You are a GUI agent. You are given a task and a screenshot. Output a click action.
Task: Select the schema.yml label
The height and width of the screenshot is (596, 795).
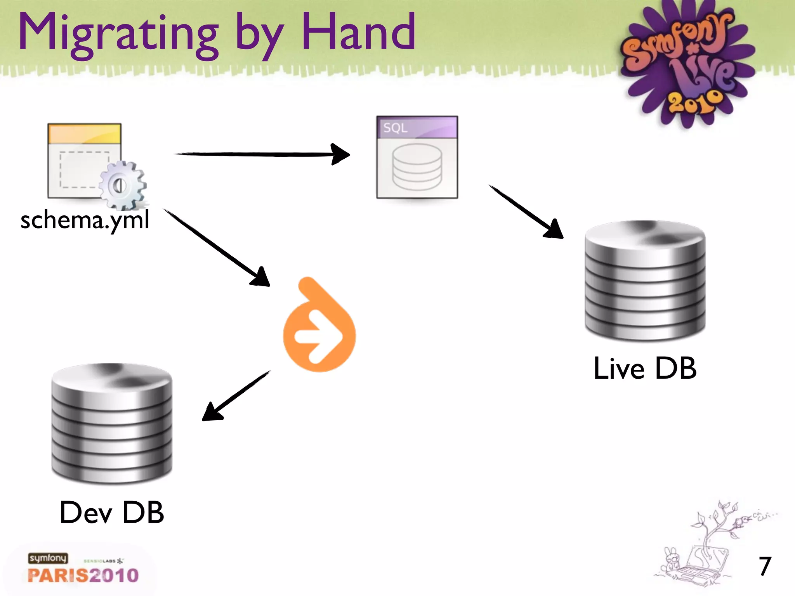click(85, 220)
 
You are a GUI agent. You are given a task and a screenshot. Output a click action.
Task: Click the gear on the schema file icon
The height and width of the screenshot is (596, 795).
click(122, 185)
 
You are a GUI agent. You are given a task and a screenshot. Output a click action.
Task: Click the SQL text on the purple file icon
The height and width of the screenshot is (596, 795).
click(395, 128)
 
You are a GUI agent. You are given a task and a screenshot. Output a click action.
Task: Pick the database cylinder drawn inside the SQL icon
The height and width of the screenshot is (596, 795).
click(417, 167)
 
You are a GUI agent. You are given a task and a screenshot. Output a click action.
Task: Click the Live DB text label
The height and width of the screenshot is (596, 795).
click(645, 368)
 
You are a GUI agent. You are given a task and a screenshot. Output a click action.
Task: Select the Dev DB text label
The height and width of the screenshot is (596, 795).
click(112, 513)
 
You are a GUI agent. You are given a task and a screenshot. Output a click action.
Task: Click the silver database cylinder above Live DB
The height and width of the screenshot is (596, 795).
click(645, 281)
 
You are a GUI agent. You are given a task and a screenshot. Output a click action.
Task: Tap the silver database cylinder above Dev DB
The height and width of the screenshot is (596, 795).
click(112, 424)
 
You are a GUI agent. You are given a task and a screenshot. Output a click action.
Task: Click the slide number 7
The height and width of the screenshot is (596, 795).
click(765, 566)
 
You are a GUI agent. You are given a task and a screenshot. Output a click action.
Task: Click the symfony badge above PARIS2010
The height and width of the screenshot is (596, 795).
click(48, 558)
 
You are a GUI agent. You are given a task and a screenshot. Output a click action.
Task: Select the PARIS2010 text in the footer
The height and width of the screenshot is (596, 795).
click(83, 575)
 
